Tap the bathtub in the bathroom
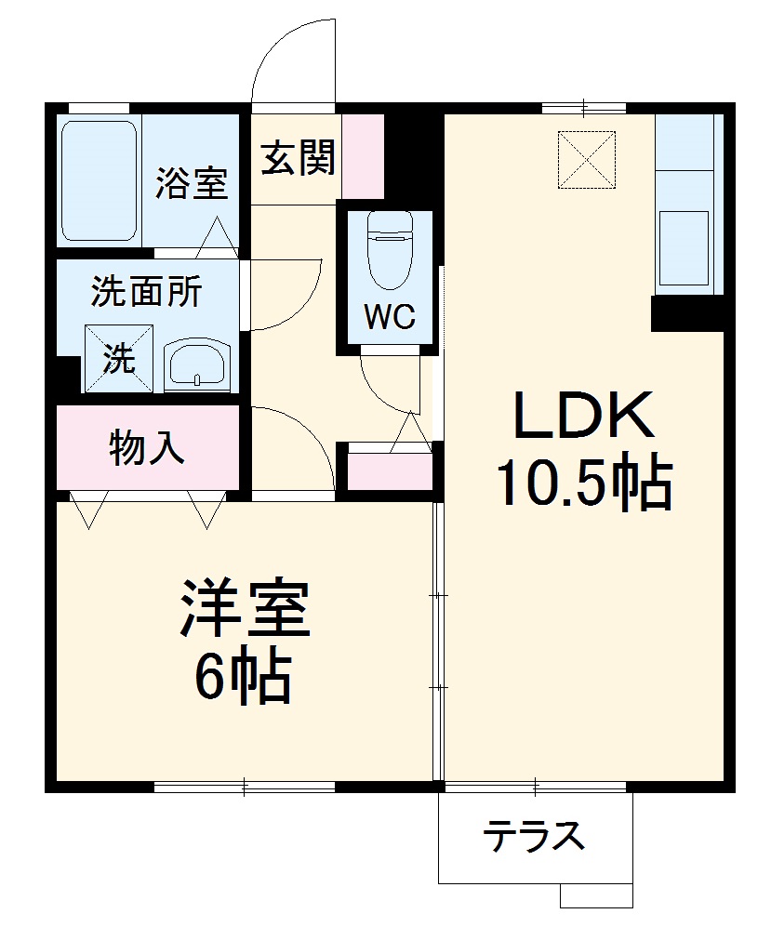point(100,181)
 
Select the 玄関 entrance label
point(297,158)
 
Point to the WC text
point(389,318)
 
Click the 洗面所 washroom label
point(145,293)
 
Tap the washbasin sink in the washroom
point(197,364)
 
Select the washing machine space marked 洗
point(118,358)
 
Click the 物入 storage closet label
point(147,449)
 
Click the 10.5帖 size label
point(583,484)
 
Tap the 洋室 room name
point(244,610)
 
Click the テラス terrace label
point(533,837)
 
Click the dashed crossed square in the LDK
point(587,159)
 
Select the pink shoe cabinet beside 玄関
point(363,155)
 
